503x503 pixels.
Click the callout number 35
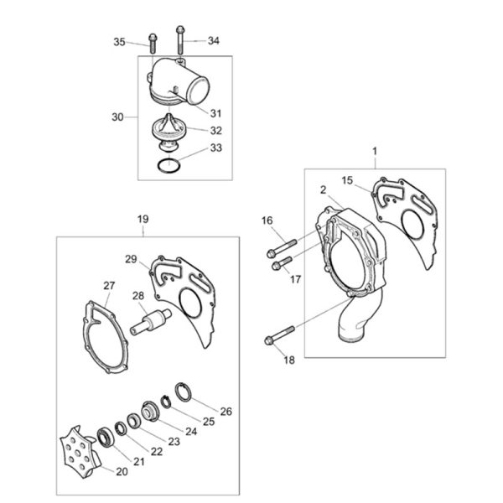119,42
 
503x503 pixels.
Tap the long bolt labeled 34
180,39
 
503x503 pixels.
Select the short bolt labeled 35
153,44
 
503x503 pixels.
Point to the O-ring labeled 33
169,165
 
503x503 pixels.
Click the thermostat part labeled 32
168,132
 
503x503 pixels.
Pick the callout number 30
117,117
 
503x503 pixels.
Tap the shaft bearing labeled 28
151,322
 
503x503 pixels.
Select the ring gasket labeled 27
104,338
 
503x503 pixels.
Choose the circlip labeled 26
183,392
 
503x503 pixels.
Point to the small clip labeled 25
165,402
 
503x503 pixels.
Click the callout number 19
143,220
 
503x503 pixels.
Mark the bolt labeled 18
279,335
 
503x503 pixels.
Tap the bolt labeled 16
282,249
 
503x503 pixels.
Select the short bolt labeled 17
282,263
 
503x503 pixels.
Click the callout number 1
375,151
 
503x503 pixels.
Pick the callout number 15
347,180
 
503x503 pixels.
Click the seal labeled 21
106,437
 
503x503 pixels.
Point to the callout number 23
174,442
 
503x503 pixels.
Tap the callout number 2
323,190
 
